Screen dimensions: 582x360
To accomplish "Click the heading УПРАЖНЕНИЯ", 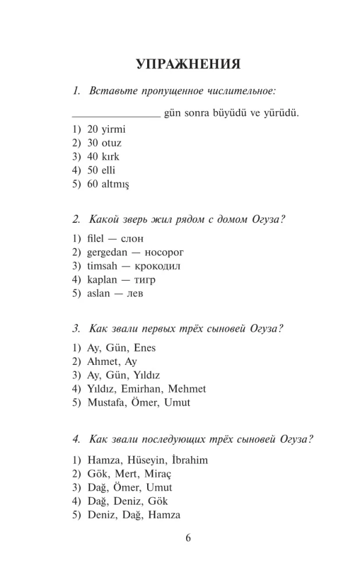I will click(188, 64).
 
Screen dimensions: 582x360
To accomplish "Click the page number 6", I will click(188, 538).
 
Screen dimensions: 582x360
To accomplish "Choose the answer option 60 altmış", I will click(108, 184).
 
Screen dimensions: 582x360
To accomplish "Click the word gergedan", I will click(107, 253).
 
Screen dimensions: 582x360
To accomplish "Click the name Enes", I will click(144, 348).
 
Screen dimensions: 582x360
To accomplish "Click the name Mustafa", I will click(105, 402).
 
